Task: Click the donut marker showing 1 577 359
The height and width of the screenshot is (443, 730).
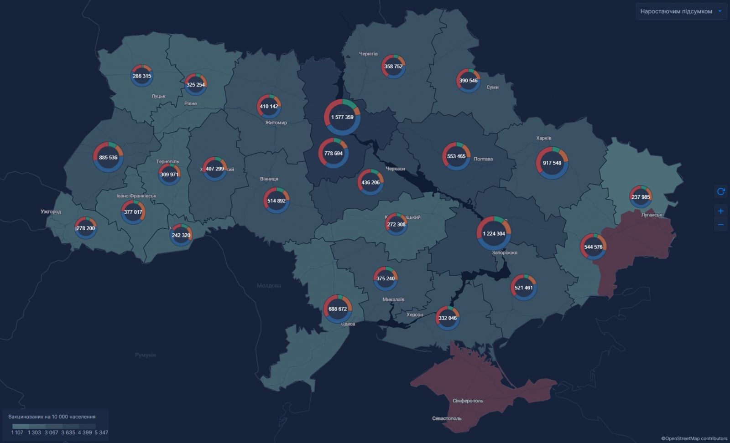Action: (342, 117)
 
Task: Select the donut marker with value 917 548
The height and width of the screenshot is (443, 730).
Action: (552, 163)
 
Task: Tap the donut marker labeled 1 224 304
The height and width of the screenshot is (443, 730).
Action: (494, 233)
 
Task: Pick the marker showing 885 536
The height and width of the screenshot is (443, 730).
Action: (108, 157)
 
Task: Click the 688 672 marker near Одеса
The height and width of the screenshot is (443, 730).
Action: (338, 309)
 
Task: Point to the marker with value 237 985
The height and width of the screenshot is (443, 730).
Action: (641, 197)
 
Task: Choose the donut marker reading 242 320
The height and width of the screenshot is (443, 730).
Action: (181, 235)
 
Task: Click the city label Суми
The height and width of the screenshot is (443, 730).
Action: (492, 87)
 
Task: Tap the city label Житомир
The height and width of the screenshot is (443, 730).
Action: (276, 123)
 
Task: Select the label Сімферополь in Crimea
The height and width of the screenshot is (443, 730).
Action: (468, 401)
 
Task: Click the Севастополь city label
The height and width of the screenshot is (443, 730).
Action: (447, 418)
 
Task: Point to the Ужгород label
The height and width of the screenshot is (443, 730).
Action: (51, 211)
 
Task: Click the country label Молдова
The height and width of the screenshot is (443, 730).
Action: (269, 286)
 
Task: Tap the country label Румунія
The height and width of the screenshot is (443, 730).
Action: (146, 355)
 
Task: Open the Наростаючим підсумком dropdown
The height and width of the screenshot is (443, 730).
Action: (681, 11)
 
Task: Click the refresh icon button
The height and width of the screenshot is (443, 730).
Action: (721, 191)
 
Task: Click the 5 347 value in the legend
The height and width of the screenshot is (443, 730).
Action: (101, 433)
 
